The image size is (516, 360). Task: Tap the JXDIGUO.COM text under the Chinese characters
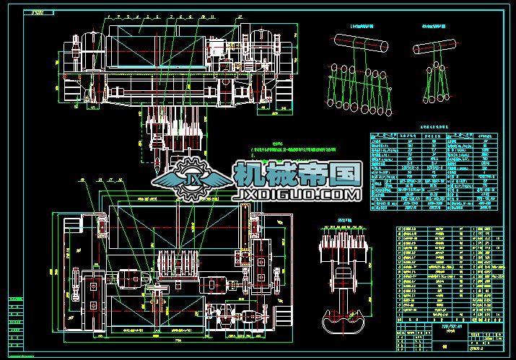pos(296,195)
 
